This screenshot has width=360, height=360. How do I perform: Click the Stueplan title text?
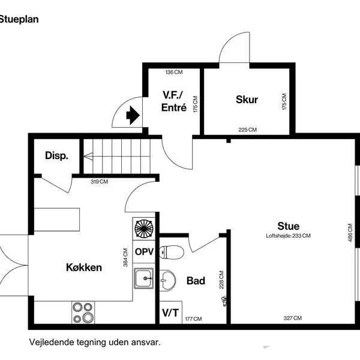point(19,20)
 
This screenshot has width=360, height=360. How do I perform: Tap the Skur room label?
point(247,100)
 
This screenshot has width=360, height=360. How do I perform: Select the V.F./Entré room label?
point(174,101)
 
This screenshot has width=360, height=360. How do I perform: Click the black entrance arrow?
point(133,115)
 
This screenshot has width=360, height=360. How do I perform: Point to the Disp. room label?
point(57,155)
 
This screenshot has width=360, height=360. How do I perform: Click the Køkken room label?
point(84,268)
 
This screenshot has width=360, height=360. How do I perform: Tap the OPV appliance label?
point(144,252)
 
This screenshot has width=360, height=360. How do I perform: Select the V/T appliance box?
point(170,313)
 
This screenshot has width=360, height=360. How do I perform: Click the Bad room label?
point(196,281)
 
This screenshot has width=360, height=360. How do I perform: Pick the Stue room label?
point(289,226)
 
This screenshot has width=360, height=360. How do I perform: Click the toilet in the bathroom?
point(172,252)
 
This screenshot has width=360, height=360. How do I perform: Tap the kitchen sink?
point(144,278)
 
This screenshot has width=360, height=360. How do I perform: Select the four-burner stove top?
point(83,313)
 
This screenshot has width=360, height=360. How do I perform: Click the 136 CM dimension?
point(174,73)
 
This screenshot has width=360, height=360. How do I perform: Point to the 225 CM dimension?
point(247,130)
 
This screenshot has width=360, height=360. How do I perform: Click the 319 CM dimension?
point(99,182)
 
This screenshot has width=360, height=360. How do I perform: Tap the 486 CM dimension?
point(350,233)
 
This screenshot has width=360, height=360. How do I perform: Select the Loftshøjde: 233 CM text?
point(289,236)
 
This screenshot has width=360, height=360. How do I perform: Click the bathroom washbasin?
point(167,280)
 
